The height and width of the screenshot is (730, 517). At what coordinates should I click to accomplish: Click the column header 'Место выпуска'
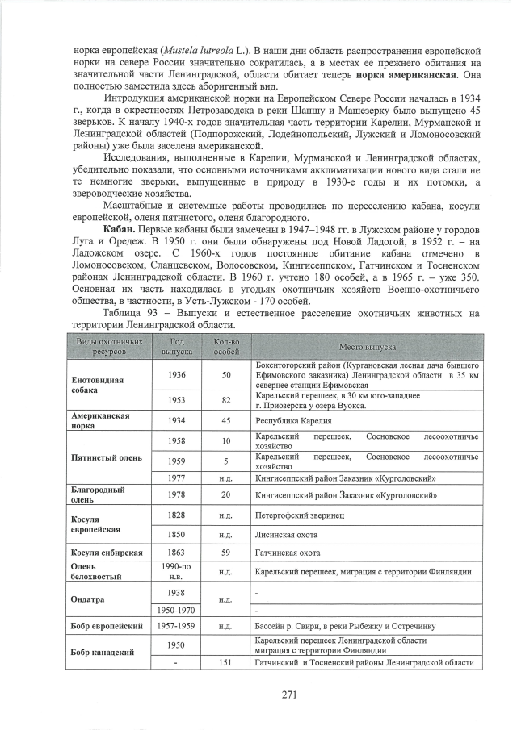(x=366, y=347)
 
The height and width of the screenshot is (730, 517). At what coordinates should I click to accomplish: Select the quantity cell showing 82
(x=226, y=400)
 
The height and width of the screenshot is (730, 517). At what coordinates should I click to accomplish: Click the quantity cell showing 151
(x=226, y=663)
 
